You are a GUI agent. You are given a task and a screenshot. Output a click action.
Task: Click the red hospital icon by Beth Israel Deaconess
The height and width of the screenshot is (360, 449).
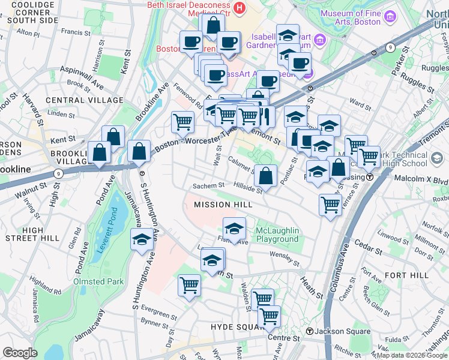point(240,8)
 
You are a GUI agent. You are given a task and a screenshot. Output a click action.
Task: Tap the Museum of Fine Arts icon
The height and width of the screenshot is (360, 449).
point(390,17)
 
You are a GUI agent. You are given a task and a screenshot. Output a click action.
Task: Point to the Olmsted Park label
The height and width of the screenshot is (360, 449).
point(98,281)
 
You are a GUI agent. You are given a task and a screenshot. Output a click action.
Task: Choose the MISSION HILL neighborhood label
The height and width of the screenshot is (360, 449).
point(222,205)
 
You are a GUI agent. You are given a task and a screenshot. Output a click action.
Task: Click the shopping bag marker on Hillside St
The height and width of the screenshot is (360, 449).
point(266,175)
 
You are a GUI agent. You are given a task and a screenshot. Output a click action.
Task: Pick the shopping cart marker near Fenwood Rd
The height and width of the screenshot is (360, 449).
point(183,122)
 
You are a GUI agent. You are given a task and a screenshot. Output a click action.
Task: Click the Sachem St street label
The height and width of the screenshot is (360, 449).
point(208,186)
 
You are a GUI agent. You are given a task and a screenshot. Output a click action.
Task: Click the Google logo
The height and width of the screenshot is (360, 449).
point(20,353)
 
